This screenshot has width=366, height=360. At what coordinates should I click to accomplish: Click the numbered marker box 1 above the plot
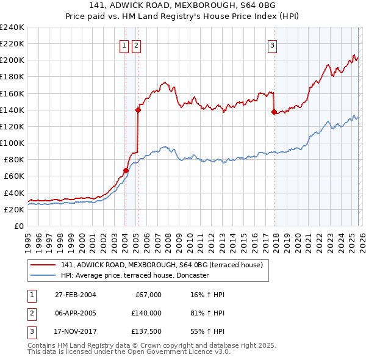coord(124,45)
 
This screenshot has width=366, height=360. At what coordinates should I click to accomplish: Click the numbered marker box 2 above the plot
coord(136,45)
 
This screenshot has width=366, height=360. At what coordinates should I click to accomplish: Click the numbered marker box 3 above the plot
coord(272,45)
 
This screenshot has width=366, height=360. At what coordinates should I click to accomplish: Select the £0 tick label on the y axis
coord(20,226)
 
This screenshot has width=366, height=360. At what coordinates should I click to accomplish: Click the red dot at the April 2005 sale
coord(138,110)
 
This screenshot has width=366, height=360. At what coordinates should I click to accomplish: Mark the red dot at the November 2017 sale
coord(274,112)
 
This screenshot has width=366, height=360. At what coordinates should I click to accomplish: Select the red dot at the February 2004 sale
coord(126,170)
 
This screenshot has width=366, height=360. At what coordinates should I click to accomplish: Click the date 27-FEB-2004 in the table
coord(75,295)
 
